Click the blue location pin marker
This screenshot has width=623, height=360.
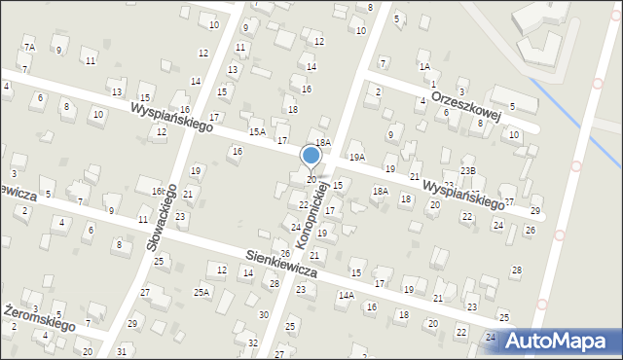pyautogui.click(x=311, y=156)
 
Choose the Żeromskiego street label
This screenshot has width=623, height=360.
pyautogui.click(x=39, y=316)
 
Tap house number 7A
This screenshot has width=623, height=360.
pyautogui.click(x=29, y=47)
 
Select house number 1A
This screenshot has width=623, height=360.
pyautogui.click(x=424, y=66)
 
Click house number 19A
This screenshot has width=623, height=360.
pyautogui.click(x=357, y=157)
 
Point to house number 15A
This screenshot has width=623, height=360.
pyautogui.click(x=257, y=131)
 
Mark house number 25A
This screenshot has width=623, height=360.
pyautogui.click(x=202, y=292)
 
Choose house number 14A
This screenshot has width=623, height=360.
pyautogui.click(x=346, y=295)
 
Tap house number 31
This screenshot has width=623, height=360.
pyautogui.click(x=122, y=350)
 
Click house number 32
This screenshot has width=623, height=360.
pyautogui.click(x=252, y=342)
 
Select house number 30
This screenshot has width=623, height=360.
pyautogui.click(x=263, y=314)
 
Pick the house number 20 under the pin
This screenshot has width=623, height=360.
pyautogui.click(x=311, y=179)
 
